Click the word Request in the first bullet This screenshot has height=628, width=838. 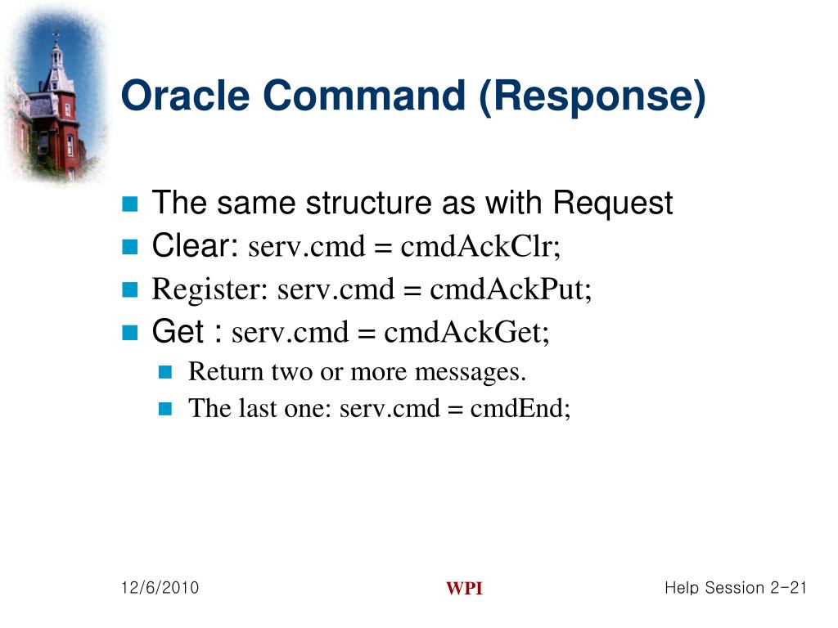[x=613, y=203]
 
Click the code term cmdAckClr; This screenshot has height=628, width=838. [x=480, y=246]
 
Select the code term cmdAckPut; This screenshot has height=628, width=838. [x=511, y=289]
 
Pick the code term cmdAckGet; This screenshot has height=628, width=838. [x=467, y=333]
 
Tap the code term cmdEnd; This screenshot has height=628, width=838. [x=520, y=408]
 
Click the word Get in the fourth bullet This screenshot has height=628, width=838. [x=178, y=332]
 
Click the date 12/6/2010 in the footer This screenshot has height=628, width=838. [x=160, y=588]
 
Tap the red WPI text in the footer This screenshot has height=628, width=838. [x=464, y=590]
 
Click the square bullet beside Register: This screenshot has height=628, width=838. [x=130, y=289]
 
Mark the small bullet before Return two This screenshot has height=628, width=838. [x=166, y=373]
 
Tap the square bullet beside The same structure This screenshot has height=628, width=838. [x=130, y=204]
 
